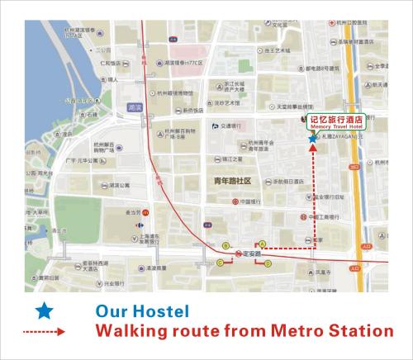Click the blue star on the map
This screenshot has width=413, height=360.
[312, 140]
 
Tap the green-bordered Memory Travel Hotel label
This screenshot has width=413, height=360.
[337, 122]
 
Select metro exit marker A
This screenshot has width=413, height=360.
[263, 244]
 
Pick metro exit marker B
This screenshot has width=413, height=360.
[225, 244]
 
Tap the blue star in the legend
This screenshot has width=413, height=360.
[46, 313]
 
